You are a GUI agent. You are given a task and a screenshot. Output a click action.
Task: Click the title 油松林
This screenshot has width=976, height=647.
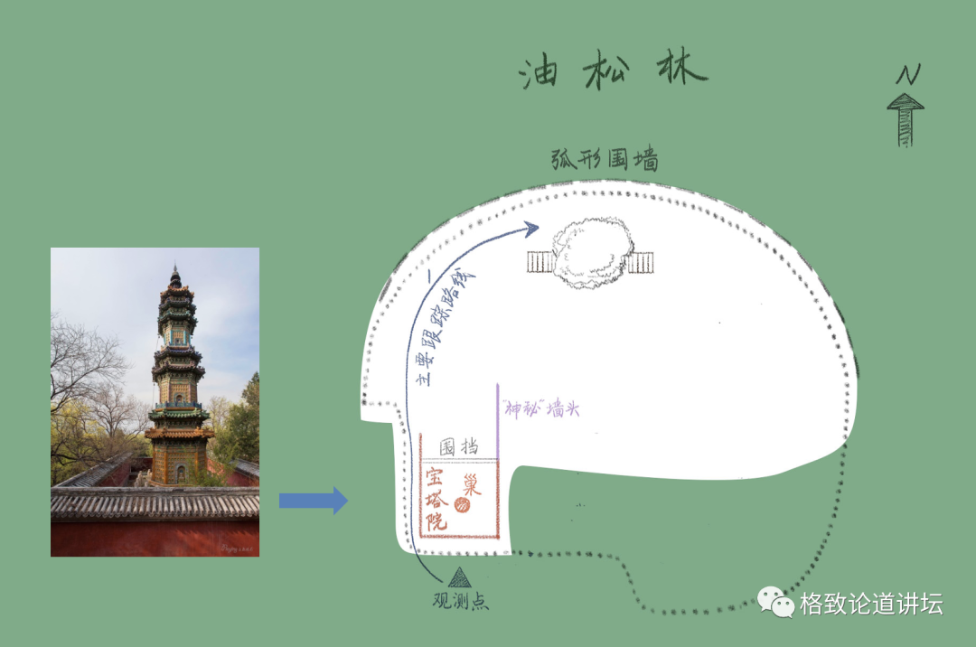[x=613, y=71]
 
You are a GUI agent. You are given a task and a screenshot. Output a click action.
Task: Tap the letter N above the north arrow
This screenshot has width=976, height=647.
[x=907, y=75]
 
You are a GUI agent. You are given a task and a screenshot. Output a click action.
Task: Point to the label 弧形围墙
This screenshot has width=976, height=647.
[x=604, y=160]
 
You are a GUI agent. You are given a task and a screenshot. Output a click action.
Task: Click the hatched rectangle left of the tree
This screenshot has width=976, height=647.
[x=540, y=262]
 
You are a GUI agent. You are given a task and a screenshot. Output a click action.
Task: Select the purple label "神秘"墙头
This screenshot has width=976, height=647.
[x=541, y=409]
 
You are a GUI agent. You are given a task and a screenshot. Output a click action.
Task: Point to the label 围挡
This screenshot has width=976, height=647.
[x=458, y=446]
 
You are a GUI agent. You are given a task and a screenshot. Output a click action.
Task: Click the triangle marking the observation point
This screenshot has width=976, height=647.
[x=460, y=577]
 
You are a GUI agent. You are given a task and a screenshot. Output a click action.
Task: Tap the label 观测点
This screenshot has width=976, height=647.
[x=461, y=600]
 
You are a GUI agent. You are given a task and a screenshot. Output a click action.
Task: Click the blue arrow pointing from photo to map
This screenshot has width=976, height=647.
[x=313, y=500]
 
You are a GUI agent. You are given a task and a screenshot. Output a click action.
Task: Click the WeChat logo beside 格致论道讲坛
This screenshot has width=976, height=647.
[x=774, y=601]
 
